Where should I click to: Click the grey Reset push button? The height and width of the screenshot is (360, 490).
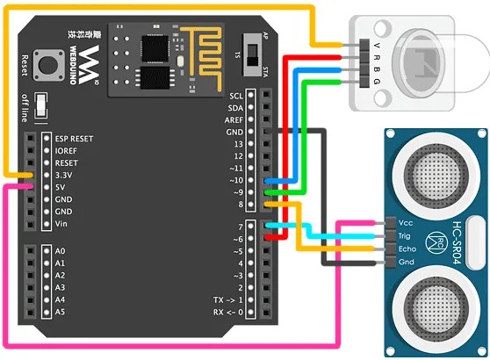pyautogui.click(x=47, y=65)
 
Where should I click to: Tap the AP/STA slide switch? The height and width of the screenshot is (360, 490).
pyautogui.click(x=253, y=54)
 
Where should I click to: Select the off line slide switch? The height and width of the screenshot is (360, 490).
pyautogui.click(x=41, y=105)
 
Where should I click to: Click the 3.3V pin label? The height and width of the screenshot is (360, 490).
pyautogui.click(x=63, y=176)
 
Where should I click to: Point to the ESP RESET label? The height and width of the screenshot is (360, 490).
pyautogui.click(x=74, y=139)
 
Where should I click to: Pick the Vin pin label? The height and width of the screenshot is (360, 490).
pyautogui.click(x=61, y=224)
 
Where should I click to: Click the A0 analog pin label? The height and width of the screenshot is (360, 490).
pyautogui.click(x=60, y=251)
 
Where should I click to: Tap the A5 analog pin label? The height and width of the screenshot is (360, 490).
pyautogui.click(x=60, y=312)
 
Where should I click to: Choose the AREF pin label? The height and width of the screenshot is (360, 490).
pyautogui.click(x=234, y=120)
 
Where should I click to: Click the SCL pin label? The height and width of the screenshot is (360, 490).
pyautogui.click(x=236, y=96)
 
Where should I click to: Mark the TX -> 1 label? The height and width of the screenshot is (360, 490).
pyautogui.click(x=228, y=300)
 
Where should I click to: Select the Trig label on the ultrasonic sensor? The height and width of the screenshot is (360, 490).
pyautogui.click(x=404, y=236)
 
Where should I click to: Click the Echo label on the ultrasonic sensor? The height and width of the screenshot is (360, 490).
pyautogui.click(x=407, y=249)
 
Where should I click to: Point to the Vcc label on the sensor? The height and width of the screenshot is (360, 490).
pyautogui.click(x=406, y=223)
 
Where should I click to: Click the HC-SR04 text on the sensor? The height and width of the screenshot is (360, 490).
pyautogui.click(x=458, y=243)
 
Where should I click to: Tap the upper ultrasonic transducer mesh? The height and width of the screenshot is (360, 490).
pyautogui.click(x=436, y=175)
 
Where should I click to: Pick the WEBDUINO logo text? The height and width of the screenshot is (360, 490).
pyautogui.click(x=73, y=65)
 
